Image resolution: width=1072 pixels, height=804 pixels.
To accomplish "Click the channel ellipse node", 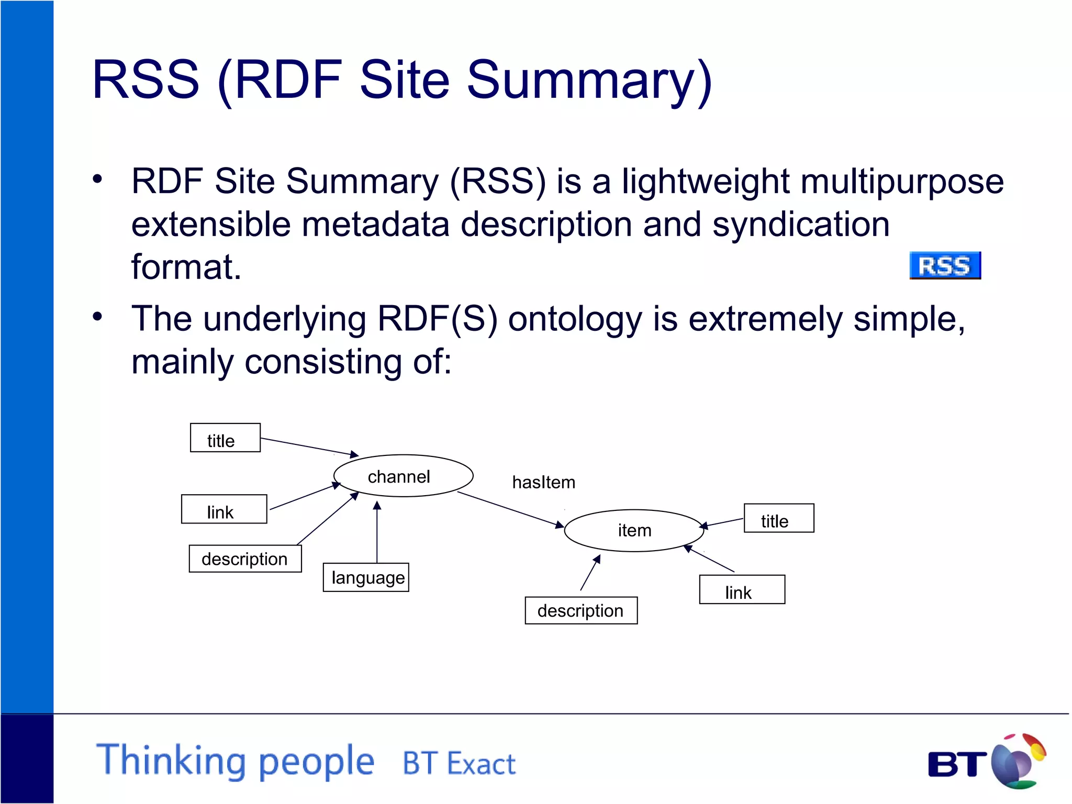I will coord(403,476).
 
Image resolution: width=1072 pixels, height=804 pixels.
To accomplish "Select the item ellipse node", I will coord(634,530).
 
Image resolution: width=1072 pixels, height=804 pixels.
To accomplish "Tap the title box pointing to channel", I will coord(225,438).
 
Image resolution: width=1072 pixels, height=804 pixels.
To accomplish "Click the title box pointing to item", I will coord(778,518).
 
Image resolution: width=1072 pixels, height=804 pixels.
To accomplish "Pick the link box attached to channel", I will coord(224,509).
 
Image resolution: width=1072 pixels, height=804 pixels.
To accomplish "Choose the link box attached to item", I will coord(742,590).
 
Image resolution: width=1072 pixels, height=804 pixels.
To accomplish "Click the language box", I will coord(366,577).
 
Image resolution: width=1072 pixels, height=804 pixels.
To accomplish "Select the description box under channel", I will coord(245,559).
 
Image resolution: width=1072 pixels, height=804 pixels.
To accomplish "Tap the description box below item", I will coord(581,610).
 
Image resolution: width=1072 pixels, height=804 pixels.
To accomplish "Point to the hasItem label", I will coord(543,482).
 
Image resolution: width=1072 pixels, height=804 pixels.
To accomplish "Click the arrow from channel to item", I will coord(510,509).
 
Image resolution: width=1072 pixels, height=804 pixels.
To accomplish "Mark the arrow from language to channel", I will coord(377,531).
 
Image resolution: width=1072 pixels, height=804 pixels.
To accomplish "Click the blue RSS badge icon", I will coord(945,265).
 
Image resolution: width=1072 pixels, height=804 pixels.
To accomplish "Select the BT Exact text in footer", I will coord(459,763).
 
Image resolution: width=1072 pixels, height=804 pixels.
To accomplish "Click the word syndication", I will coord(801,224).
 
